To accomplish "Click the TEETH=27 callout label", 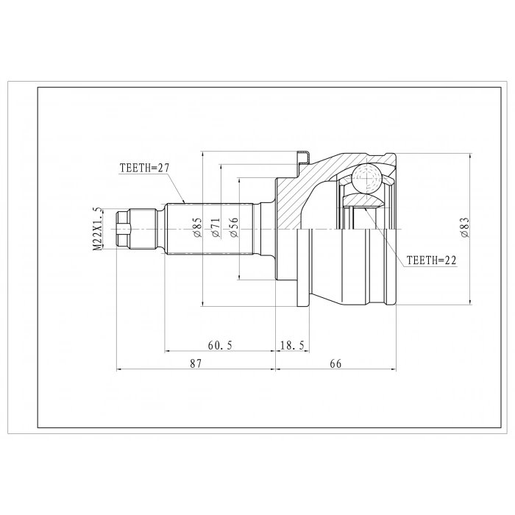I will point(145,168).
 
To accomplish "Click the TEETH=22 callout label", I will point(432,260).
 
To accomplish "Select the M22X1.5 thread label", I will point(96,229).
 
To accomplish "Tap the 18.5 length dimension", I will point(293,344).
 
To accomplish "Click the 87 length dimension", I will point(196,363).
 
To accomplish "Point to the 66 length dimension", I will point(336,363).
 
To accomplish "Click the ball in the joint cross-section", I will point(366,178).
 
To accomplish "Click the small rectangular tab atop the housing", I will point(302,156).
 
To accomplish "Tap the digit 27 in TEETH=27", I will point(163,168).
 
